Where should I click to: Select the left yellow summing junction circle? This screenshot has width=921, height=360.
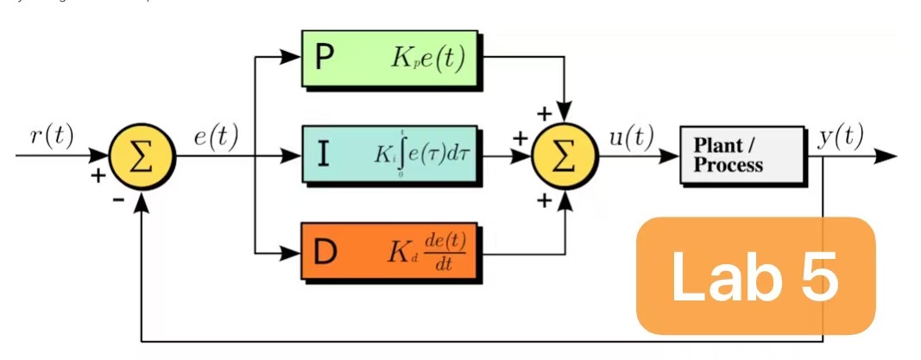[x=142, y=158]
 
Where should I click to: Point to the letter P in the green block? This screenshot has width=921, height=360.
[x=325, y=59]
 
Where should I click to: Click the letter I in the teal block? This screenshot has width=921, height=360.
[x=323, y=155]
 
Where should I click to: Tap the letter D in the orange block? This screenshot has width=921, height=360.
[x=325, y=252]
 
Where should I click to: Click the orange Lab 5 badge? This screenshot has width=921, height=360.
[x=755, y=275]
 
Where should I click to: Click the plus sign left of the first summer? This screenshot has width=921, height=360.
[x=98, y=175]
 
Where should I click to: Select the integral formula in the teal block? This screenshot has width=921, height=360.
[x=422, y=156]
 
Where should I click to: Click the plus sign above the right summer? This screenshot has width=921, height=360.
[x=544, y=113]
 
